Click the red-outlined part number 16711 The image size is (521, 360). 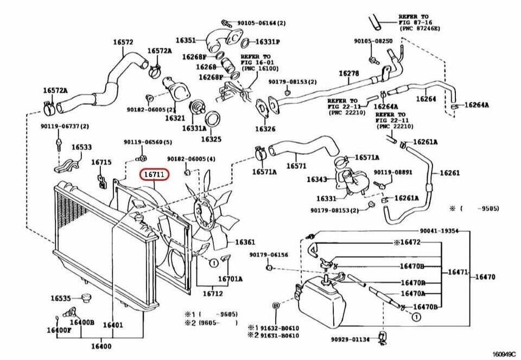[x=155, y=175]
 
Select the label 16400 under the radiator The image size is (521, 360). [x=101, y=346]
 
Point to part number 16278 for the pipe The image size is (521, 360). [x=349, y=73]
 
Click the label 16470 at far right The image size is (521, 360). [x=485, y=277]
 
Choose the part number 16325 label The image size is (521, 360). [x=211, y=139]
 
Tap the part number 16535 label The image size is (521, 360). [x=61, y=298]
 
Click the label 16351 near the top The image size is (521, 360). [x=185, y=40]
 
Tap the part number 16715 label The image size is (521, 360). [x=101, y=162]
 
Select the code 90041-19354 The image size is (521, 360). [x=439, y=231]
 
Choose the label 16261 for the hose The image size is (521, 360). [x=449, y=173]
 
